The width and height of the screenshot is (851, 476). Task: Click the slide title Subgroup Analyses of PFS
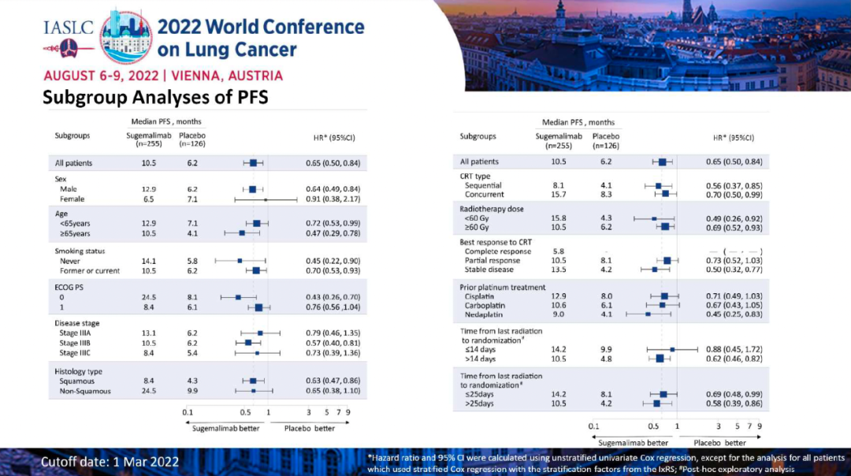point(155,97)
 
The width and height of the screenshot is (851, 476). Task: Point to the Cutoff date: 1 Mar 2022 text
point(110,461)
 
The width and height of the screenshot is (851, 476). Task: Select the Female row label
point(72,199)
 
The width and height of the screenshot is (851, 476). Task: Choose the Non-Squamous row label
point(85,391)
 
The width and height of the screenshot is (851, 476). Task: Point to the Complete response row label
point(498,251)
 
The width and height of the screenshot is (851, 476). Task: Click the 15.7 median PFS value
point(558,194)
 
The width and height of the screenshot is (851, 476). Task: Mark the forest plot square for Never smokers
point(240,260)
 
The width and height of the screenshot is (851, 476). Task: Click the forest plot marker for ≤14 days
point(672,349)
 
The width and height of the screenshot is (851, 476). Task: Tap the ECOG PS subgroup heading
point(69,287)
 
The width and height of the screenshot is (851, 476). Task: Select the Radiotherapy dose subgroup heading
point(492,209)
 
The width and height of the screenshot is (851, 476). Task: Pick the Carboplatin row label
point(485,305)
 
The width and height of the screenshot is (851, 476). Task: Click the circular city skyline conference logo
point(126,36)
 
